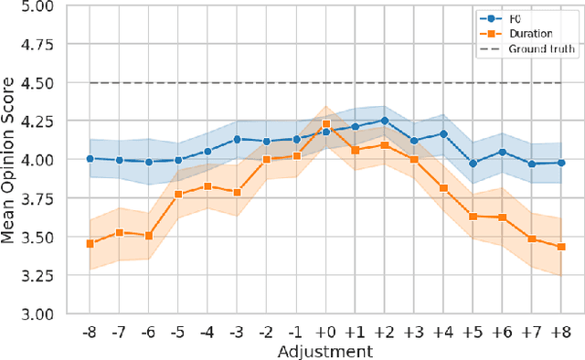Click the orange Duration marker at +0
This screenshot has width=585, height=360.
pos(326,123)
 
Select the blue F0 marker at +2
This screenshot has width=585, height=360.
pos(385,121)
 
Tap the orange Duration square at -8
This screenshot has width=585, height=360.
pos(90,243)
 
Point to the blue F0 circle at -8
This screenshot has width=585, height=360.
pos(90,158)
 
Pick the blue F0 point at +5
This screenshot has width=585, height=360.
pos(473,164)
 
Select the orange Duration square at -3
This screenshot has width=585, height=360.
pos(238,192)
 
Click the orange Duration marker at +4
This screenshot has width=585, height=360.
pos(444,188)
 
